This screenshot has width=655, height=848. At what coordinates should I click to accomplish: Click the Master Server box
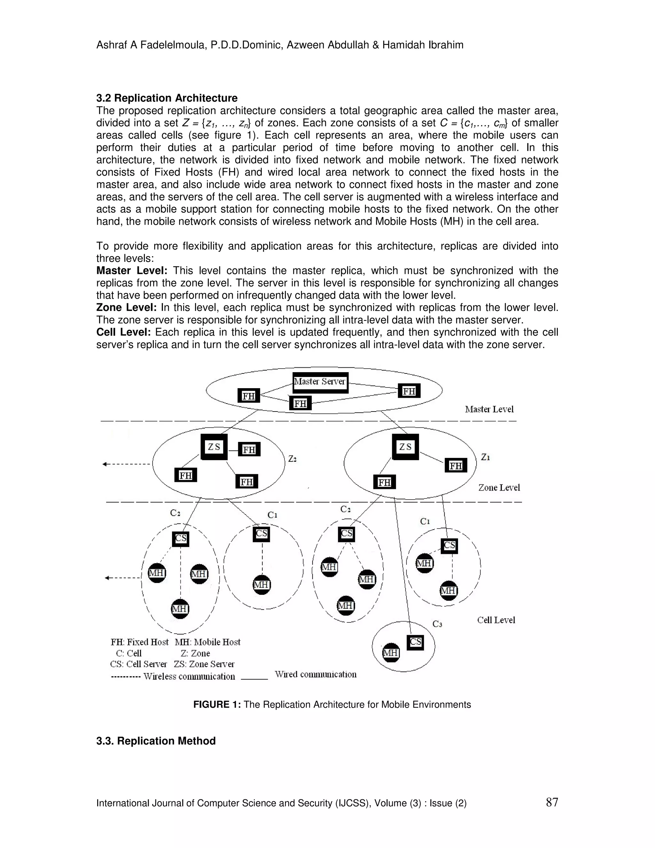(320, 382)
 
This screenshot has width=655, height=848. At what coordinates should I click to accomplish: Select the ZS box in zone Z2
(214, 447)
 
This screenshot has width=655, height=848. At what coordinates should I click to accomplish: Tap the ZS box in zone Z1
(405, 447)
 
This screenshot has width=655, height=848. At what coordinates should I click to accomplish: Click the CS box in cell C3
(415, 642)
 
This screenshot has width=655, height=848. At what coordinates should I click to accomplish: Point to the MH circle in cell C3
(391, 653)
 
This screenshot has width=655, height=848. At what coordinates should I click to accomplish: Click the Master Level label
(489, 409)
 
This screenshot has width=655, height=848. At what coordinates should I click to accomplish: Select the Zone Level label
(499, 488)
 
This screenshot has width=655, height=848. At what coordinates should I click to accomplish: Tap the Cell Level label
(496, 620)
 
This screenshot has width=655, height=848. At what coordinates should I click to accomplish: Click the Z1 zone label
(485, 457)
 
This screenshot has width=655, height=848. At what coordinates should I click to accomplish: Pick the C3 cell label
(437, 624)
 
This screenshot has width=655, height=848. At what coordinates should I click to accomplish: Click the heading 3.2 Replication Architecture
(167, 98)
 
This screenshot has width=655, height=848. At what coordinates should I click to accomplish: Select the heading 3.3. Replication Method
(156, 741)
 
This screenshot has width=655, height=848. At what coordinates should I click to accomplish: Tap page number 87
(552, 802)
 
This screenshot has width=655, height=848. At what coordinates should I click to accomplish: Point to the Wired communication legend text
(315, 675)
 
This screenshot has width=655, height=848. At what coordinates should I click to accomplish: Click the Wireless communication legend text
(189, 676)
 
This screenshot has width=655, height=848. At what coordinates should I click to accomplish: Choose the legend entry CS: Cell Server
(138, 664)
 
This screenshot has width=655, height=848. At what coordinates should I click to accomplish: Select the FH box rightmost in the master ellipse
(409, 391)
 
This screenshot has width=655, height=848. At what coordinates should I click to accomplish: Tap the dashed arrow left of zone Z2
(126, 464)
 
